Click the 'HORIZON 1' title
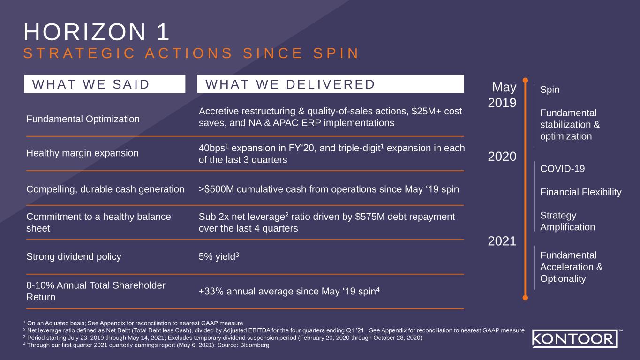point(97,33)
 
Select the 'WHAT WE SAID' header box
point(105,84)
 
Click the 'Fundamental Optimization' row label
point(83,119)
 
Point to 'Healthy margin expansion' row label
point(83,153)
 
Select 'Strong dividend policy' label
point(74,256)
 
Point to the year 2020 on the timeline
point(502,156)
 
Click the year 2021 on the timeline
point(502,241)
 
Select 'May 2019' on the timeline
point(503,95)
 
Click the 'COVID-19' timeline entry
point(562,169)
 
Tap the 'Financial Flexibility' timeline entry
point(580,192)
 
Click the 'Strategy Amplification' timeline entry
point(567,221)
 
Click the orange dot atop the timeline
point(526,81)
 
